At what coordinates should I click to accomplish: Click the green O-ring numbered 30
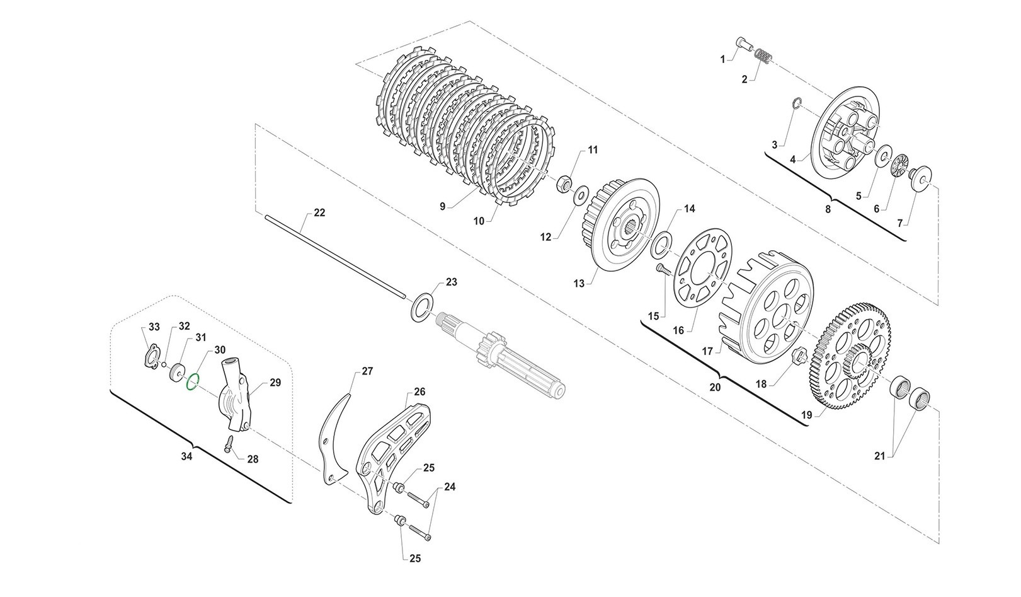[x=193, y=381]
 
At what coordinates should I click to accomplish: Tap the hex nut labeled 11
[x=565, y=184]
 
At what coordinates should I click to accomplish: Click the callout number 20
[x=714, y=388]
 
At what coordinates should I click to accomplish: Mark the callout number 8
[x=828, y=207]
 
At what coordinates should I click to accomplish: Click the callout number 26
[x=419, y=392]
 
